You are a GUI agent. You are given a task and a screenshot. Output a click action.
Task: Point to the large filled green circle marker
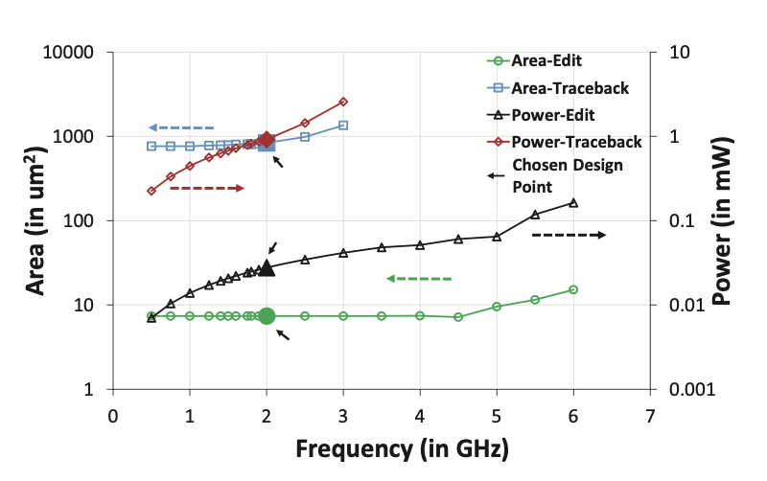click(x=267, y=316)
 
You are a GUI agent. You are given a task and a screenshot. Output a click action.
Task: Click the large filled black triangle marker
click(x=267, y=268)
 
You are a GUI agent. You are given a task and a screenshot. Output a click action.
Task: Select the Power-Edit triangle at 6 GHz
click(x=573, y=202)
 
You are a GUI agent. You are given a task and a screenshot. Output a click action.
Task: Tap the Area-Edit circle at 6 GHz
click(x=573, y=289)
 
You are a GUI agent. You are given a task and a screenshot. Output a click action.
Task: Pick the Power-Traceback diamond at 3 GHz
click(x=343, y=102)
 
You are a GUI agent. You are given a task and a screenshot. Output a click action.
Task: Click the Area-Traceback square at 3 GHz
click(x=343, y=126)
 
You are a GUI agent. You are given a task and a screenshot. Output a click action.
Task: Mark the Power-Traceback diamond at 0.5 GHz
click(x=151, y=191)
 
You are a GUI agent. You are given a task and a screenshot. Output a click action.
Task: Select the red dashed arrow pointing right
click(x=207, y=188)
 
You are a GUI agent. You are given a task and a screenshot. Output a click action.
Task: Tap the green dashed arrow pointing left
click(x=419, y=279)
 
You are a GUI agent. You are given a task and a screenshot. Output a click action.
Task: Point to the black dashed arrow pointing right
click(x=569, y=235)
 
